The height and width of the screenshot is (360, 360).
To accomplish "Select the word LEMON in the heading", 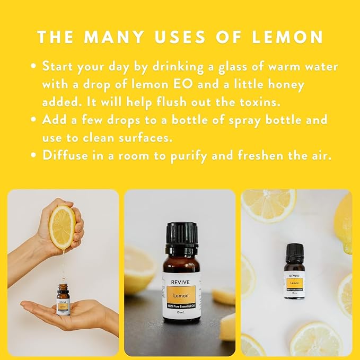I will pyautogui.click(x=291, y=37).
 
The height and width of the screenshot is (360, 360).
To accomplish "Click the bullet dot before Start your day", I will pyautogui.click(x=34, y=67).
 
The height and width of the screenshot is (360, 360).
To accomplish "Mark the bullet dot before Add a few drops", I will pyautogui.click(x=34, y=120).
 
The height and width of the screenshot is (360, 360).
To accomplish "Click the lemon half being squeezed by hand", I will pyautogui.click(x=62, y=227).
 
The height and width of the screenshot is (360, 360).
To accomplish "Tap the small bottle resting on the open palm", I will pyautogui.click(x=63, y=299).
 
